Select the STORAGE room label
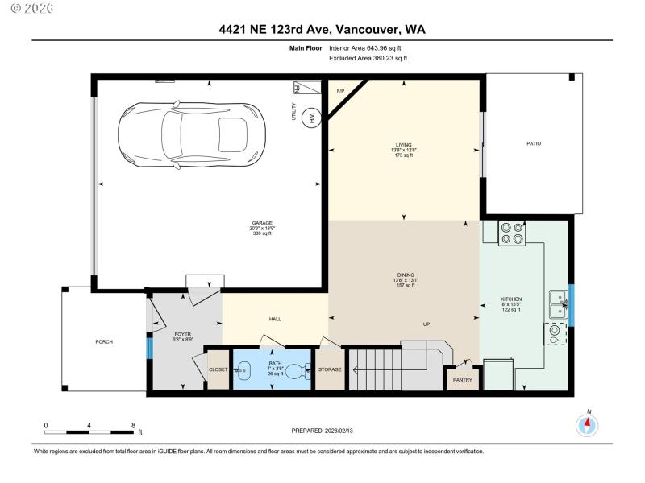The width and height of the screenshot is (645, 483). pos(330,369)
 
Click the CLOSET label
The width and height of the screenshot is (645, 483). pos(218,369)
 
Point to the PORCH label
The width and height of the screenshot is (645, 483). pos(103,341)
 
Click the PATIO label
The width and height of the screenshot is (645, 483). pos(534,143)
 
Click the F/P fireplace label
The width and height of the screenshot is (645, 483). pos(340,90)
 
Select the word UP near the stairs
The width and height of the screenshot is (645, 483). pos(427,324)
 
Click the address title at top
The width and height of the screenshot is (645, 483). pos(322,30)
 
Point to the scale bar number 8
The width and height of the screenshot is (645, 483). pos(132,424)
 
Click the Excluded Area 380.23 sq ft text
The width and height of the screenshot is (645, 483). pos(368,58)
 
